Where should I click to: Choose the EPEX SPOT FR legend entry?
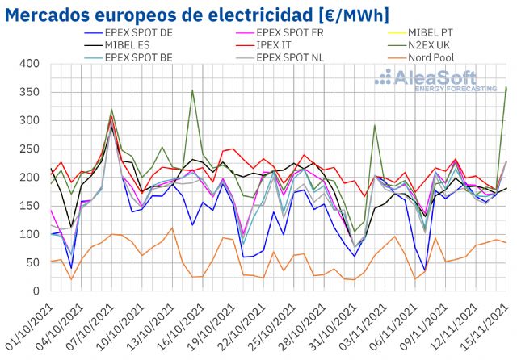(292, 33)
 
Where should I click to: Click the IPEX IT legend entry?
(275, 45)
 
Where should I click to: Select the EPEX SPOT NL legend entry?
(292, 57)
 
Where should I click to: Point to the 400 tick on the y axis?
(29, 64)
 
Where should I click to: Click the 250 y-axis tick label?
(29, 149)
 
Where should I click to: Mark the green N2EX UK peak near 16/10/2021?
(192, 90)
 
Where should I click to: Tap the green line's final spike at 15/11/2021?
(506, 87)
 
